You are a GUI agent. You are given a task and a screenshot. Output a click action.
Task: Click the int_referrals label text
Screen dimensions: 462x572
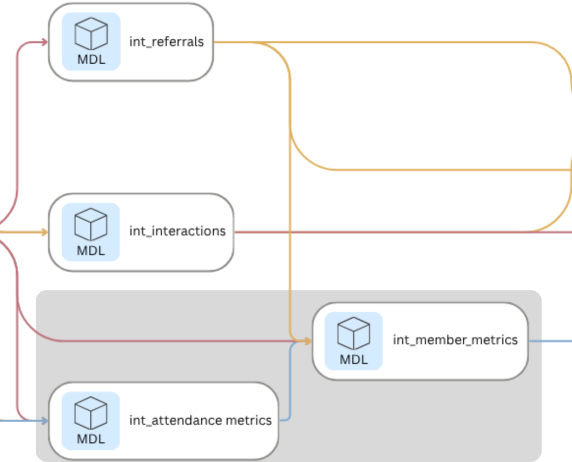point(166,42)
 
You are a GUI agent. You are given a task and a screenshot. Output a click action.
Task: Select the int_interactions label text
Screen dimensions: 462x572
point(177,231)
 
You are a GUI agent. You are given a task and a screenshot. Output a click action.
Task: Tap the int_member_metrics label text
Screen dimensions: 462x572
point(455,340)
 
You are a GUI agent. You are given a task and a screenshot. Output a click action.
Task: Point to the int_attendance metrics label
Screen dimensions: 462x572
point(200,420)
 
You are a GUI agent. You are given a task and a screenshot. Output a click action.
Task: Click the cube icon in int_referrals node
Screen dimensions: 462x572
point(91,33)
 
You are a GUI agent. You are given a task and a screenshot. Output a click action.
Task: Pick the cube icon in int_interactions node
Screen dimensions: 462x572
point(91,224)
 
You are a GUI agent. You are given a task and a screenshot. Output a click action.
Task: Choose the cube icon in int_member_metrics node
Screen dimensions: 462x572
point(353,333)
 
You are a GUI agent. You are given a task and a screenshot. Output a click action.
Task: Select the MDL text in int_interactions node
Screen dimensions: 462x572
point(91,250)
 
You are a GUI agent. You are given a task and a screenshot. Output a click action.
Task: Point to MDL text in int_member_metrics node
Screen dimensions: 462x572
point(353,359)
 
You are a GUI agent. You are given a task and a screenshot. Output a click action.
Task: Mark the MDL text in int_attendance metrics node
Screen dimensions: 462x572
point(91,439)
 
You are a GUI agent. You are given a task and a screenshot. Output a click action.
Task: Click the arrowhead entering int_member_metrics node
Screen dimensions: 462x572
point(308,341)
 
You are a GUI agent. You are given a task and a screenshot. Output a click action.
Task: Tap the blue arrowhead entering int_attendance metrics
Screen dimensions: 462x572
point(44,420)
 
